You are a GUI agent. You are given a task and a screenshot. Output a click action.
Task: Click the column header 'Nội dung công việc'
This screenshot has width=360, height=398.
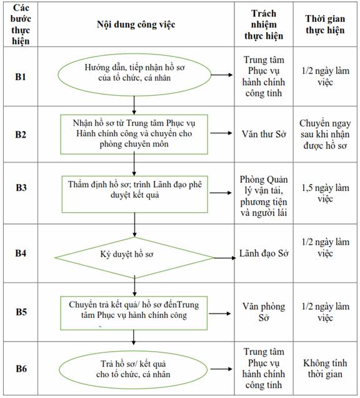(136, 24)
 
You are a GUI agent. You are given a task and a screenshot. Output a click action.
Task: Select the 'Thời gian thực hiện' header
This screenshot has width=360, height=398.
(325, 24)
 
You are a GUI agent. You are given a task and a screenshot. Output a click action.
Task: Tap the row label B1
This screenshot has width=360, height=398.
(21, 76)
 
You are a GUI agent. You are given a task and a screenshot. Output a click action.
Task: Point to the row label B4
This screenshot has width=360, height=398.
(21, 253)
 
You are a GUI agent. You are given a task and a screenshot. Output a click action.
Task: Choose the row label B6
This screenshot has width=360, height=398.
(21, 369)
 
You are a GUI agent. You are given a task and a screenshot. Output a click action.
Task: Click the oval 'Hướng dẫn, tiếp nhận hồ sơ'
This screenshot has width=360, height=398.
(134, 74)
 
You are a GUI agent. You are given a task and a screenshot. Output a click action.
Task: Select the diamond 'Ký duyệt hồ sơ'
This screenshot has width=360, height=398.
(134, 258)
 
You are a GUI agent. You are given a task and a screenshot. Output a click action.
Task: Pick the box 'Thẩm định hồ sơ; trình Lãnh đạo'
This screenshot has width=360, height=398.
(134, 194)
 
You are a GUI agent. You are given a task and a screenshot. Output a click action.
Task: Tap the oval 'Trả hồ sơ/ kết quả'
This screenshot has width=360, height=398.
(133, 369)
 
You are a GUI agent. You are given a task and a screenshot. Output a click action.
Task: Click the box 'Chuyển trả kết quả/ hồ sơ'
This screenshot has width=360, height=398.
(134, 313)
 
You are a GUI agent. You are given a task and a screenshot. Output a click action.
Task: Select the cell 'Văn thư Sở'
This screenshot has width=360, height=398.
(264, 134)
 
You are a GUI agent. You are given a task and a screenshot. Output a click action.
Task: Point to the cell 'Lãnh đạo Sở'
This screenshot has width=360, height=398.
(264, 253)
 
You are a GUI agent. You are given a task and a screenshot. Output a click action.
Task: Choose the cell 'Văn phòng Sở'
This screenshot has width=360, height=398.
(264, 312)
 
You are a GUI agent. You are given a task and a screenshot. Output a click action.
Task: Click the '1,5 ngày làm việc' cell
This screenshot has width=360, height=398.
(325, 193)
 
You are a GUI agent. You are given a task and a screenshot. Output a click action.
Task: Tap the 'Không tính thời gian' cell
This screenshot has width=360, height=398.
(325, 369)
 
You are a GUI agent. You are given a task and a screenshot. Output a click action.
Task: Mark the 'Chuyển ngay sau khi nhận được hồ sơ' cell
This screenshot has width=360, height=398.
(325, 135)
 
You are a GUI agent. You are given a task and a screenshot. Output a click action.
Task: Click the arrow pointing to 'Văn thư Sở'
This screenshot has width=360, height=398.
(221, 133)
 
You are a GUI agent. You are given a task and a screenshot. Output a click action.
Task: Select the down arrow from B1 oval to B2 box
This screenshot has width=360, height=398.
(134, 105)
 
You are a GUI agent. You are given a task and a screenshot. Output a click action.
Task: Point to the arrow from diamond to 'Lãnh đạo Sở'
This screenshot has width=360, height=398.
(225, 258)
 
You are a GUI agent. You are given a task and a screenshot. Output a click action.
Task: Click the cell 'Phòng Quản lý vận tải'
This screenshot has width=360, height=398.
(264, 196)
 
